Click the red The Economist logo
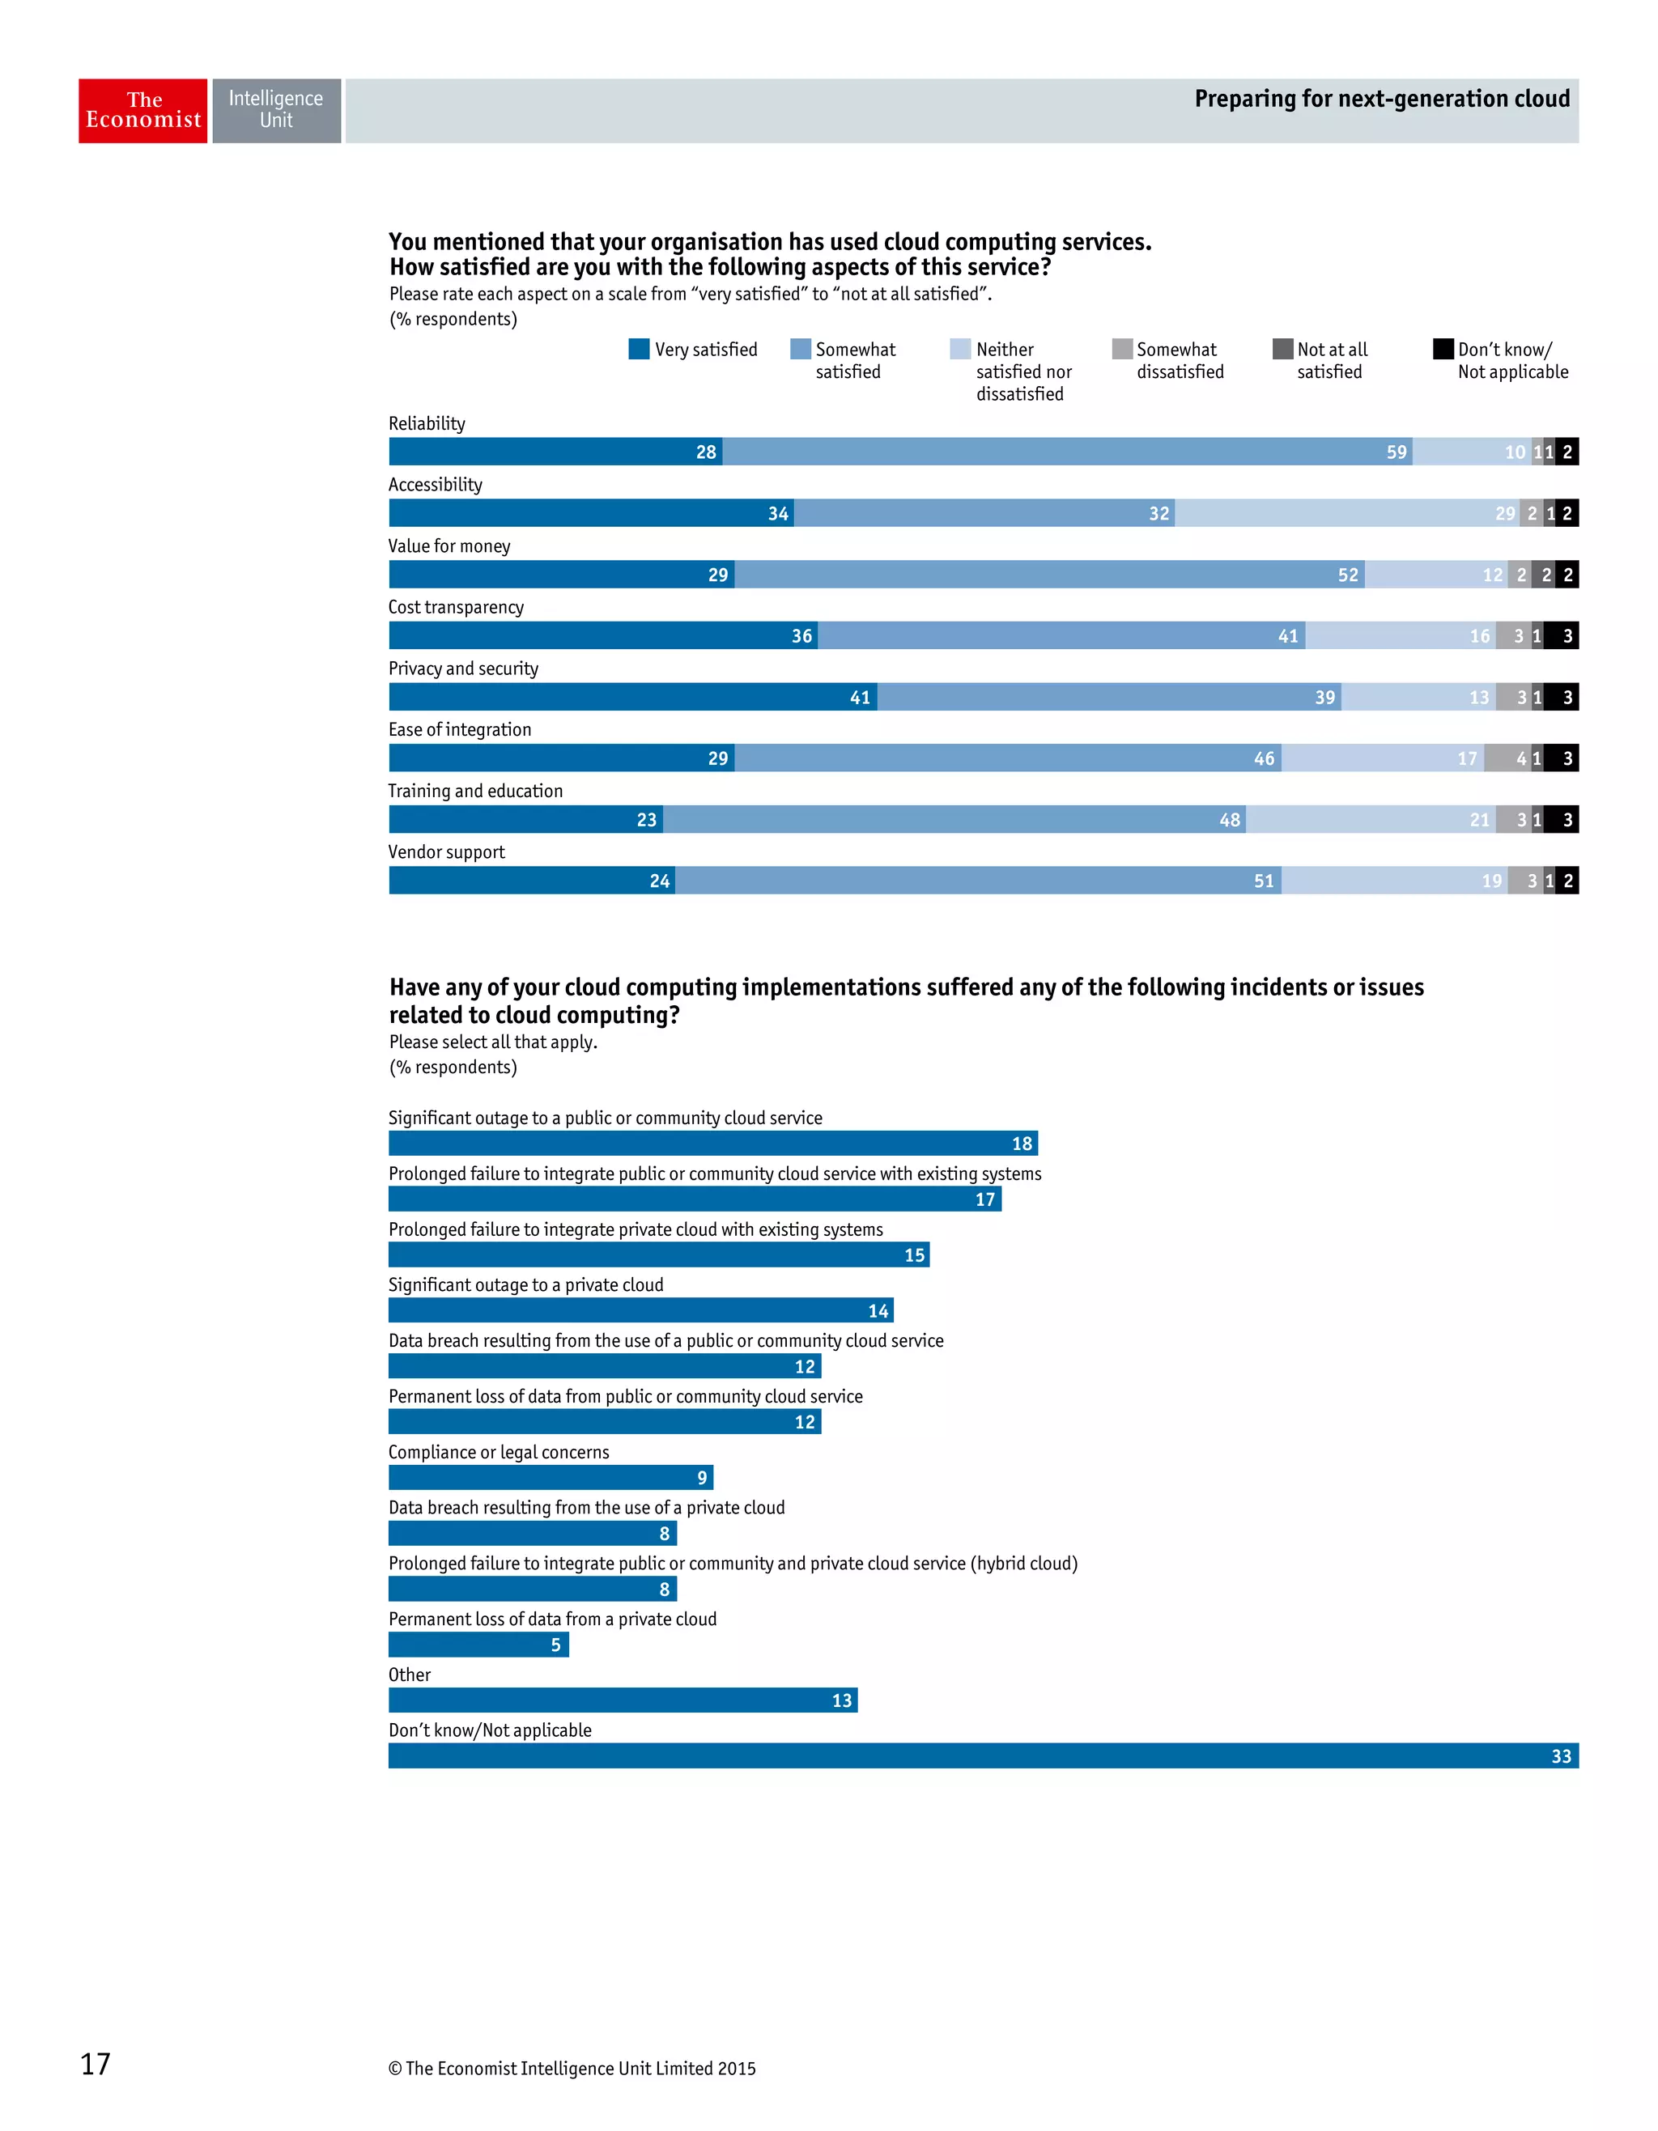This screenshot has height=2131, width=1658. (x=142, y=111)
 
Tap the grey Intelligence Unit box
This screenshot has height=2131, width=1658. (x=276, y=111)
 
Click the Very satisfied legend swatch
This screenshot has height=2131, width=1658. (x=640, y=350)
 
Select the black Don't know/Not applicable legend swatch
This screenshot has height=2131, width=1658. (x=1443, y=350)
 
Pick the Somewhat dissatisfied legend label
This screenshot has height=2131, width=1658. (x=1179, y=360)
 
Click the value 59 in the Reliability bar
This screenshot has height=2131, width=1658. (x=1397, y=452)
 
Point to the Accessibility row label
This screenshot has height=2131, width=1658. (x=436, y=485)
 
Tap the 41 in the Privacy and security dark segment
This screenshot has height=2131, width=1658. (x=860, y=698)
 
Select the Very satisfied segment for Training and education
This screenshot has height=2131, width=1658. (x=525, y=820)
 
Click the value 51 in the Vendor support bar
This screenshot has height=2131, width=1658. (x=1264, y=881)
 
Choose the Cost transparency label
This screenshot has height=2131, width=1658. (x=456, y=607)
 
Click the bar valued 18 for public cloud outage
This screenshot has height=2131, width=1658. (x=712, y=1144)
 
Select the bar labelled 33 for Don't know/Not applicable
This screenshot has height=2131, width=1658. (x=982, y=1756)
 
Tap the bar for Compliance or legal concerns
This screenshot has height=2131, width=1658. (x=551, y=1477)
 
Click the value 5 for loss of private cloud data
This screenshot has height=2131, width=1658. (x=555, y=1645)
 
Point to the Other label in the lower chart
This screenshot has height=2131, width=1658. (x=409, y=1675)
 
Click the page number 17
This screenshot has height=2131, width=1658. (x=96, y=2064)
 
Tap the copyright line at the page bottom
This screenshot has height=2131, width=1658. (x=572, y=2069)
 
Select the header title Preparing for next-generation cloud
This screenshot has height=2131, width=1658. (x=1382, y=99)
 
